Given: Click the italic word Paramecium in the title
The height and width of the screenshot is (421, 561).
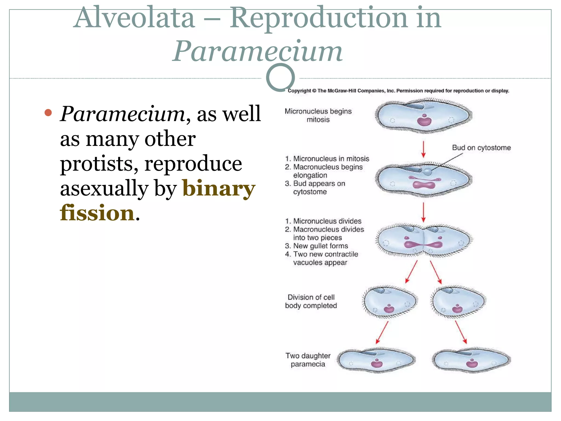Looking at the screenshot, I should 257,51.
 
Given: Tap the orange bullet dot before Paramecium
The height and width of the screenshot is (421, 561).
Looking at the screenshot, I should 48,113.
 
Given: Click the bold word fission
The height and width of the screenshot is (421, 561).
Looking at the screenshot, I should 97,213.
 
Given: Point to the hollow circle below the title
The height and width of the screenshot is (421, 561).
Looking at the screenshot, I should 280,78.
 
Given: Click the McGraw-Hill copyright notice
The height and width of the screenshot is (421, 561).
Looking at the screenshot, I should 398,91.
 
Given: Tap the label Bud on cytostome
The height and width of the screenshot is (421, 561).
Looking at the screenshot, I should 481,148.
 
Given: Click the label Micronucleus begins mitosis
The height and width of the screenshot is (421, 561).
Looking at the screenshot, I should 318,115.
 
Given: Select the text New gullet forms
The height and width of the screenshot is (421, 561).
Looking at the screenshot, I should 320,246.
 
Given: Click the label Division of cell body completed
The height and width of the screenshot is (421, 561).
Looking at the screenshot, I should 311,301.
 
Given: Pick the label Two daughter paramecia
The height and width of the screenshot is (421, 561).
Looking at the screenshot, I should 308,360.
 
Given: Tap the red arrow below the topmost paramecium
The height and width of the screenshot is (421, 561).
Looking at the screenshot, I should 423,149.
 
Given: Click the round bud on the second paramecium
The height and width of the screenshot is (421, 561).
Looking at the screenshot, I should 428,172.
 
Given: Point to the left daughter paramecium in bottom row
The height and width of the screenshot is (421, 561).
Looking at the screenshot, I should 376,360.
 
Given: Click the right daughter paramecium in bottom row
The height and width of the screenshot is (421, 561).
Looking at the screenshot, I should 471,360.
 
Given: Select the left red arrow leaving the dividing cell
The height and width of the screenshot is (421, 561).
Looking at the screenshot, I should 411,271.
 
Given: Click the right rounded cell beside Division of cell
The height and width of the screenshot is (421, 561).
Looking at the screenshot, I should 458,302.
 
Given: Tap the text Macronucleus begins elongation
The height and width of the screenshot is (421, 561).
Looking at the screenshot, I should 327,171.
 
